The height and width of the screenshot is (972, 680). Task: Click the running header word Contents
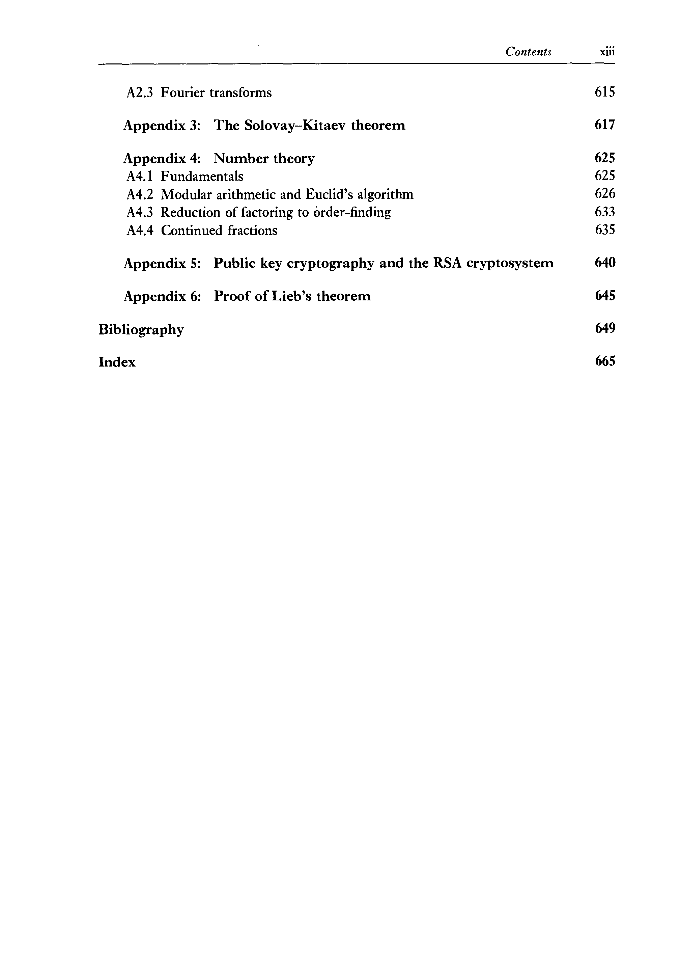pyautogui.click(x=528, y=52)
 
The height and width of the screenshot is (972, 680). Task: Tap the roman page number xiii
pyautogui.click(x=607, y=52)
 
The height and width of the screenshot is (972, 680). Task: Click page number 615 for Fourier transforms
pyautogui.click(x=604, y=92)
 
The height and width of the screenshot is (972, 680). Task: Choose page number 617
pyautogui.click(x=604, y=125)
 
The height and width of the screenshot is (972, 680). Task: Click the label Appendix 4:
pyautogui.click(x=162, y=158)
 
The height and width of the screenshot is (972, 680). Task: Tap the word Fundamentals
pyautogui.click(x=202, y=176)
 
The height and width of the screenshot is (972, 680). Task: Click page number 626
pyautogui.click(x=604, y=194)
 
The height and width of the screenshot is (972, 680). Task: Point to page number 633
pyautogui.click(x=604, y=212)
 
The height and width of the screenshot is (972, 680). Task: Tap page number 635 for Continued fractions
pyautogui.click(x=604, y=230)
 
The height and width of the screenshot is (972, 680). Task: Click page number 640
pyautogui.click(x=604, y=263)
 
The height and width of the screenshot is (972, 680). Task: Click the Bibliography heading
pyautogui.click(x=141, y=329)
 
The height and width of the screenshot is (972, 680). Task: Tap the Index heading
pyautogui.click(x=117, y=362)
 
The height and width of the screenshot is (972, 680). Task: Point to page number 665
pyautogui.click(x=604, y=361)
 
